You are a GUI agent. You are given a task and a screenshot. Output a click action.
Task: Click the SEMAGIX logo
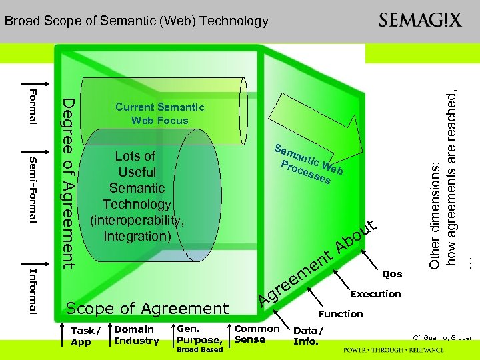click(420, 20)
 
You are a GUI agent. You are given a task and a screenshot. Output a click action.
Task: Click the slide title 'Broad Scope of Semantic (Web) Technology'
click(136, 21)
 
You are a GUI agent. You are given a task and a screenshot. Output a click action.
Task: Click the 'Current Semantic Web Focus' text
click(160, 113)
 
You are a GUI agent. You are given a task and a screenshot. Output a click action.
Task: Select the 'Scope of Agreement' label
click(147, 308)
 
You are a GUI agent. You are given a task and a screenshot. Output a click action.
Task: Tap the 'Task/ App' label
click(85, 336)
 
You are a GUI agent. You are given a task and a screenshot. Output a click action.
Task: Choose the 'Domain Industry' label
click(137, 335)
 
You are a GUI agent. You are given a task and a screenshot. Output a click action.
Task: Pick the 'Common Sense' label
click(257, 334)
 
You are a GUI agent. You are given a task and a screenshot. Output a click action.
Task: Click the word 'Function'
click(341, 314)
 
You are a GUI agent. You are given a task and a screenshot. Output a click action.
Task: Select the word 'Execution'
click(375, 294)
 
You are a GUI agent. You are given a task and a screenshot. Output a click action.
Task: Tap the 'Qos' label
click(393, 274)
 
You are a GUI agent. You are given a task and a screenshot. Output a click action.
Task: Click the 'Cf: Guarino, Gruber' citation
click(443, 338)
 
